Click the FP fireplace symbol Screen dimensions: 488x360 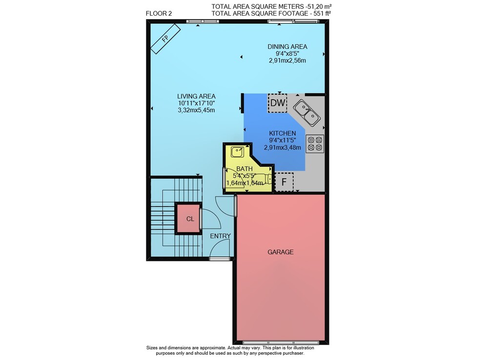(165, 39)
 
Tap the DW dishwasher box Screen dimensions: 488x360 (277, 103)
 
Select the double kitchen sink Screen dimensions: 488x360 (307, 113)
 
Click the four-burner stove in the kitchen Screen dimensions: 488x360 (315, 144)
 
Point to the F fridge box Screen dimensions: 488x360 (284, 182)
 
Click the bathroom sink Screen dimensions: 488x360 (238, 152)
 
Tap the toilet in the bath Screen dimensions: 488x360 (264, 179)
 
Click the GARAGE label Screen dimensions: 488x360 (281, 252)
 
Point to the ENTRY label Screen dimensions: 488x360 (221, 236)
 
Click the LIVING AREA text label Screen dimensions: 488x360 (196, 97)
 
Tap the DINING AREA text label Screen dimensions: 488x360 (287, 47)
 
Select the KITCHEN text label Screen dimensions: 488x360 (283, 133)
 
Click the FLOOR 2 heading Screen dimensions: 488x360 (159, 13)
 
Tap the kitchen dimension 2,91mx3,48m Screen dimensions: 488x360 (283, 148)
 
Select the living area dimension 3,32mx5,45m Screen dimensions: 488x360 (196, 110)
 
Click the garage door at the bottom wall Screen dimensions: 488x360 (281, 342)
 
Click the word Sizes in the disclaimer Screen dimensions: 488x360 (152, 348)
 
